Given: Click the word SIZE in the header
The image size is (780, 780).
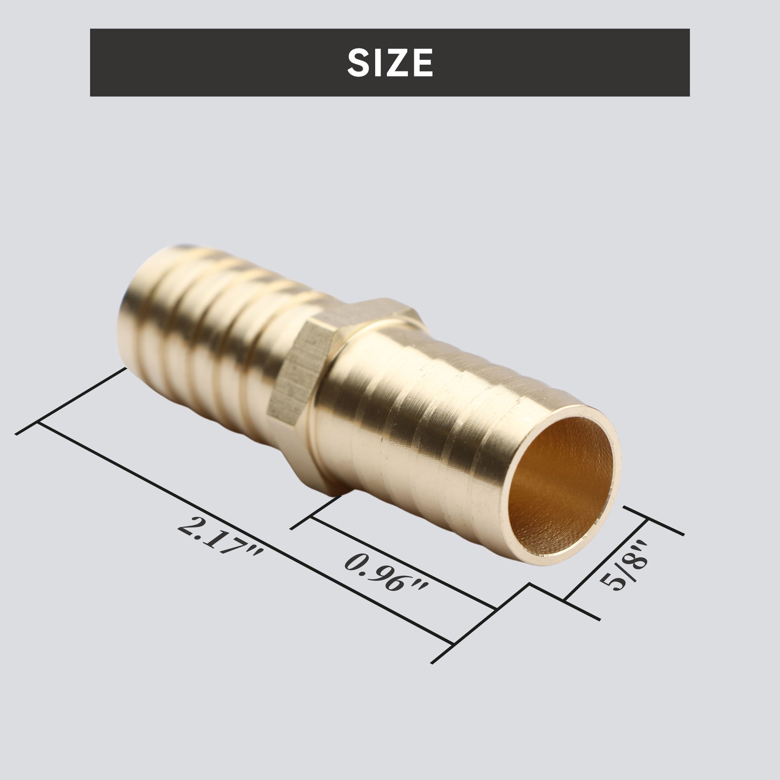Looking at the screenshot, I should point(390,62).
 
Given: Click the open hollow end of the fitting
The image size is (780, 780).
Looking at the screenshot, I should point(561,486).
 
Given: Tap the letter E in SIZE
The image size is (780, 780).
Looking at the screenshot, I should point(424,62).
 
